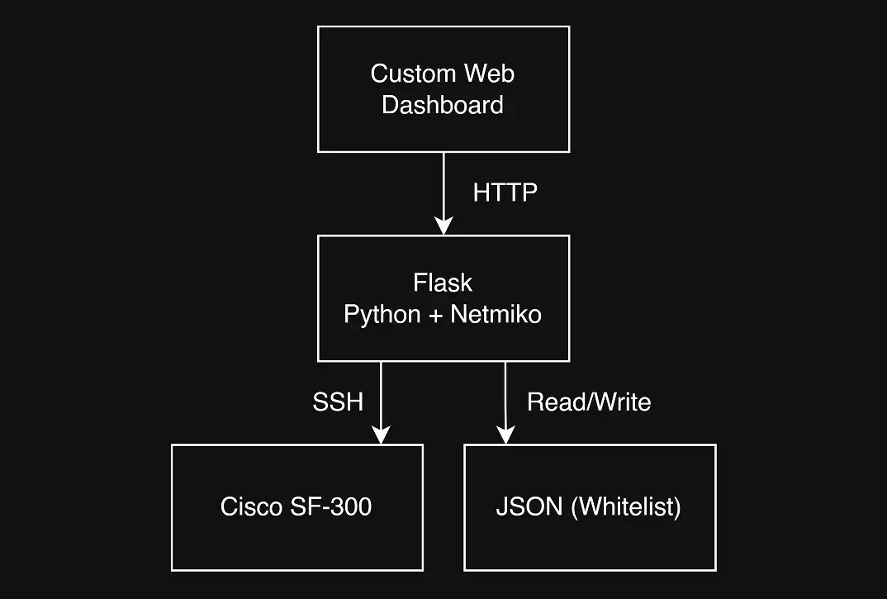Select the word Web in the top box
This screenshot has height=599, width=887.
point(489,74)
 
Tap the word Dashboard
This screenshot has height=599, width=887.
point(443,105)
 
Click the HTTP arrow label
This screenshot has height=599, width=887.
point(505,193)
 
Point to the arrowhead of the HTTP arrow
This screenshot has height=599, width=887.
point(443,226)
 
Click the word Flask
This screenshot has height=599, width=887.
point(443,283)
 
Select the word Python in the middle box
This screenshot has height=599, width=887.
point(382,316)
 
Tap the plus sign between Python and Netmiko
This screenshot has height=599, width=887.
point(435,316)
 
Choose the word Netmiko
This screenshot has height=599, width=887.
point(496,314)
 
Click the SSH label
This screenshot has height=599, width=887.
point(338,402)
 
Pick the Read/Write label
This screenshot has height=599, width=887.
point(589,402)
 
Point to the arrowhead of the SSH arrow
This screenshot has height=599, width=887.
point(382,435)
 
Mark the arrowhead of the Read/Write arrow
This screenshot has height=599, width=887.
point(505,435)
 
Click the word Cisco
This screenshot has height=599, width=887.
point(252,506)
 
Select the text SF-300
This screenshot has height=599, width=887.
point(331,506)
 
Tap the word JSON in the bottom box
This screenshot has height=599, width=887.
point(529,506)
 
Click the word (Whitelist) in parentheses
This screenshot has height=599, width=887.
point(626,507)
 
